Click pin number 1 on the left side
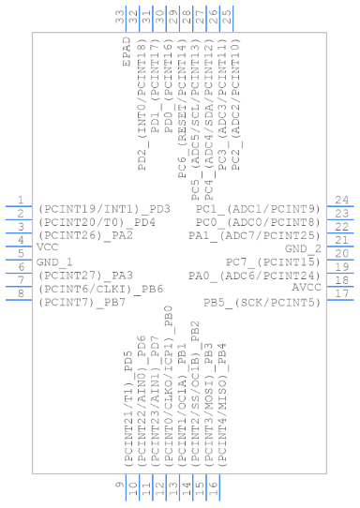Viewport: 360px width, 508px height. click(x=21, y=200)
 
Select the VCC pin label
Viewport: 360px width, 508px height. click(x=46, y=247)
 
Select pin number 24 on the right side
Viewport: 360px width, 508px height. click(x=343, y=200)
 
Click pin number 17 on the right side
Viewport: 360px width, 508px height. click(x=343, y=293)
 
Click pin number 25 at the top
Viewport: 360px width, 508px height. click(x=228, y=16)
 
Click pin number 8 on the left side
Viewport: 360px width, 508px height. click(x=21, y=293)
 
